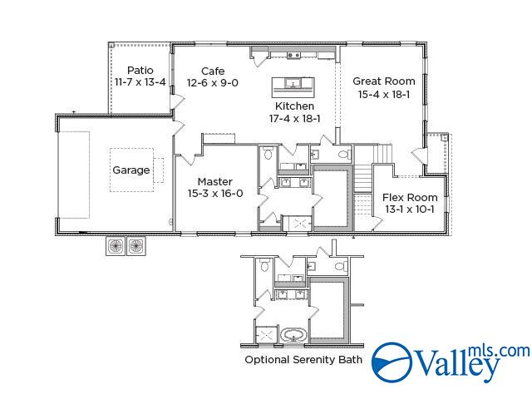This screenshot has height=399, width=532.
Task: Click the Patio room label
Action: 140,70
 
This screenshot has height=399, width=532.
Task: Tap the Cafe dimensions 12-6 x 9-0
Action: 213,83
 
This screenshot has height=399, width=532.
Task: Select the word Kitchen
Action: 294,106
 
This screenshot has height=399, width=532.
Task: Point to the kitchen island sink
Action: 292,82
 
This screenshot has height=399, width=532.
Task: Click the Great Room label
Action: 384,81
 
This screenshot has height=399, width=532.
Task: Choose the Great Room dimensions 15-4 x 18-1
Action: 384,94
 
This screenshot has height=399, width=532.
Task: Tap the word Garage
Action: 131,170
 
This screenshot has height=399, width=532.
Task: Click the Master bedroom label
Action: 215,181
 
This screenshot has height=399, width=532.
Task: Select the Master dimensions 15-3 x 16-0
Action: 215,194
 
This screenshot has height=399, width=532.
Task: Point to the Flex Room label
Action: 410,198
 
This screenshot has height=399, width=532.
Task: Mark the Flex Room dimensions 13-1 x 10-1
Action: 410,209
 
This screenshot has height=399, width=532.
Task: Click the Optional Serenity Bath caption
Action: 303,360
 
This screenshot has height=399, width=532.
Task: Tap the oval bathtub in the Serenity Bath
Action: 293,335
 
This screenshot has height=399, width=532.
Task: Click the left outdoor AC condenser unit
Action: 116,246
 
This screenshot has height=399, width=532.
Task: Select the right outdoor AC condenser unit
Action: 136,246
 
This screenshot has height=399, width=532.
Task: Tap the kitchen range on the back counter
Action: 293,56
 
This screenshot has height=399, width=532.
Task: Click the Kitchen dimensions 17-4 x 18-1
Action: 294,118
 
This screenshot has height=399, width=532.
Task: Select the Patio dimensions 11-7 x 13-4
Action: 140,82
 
